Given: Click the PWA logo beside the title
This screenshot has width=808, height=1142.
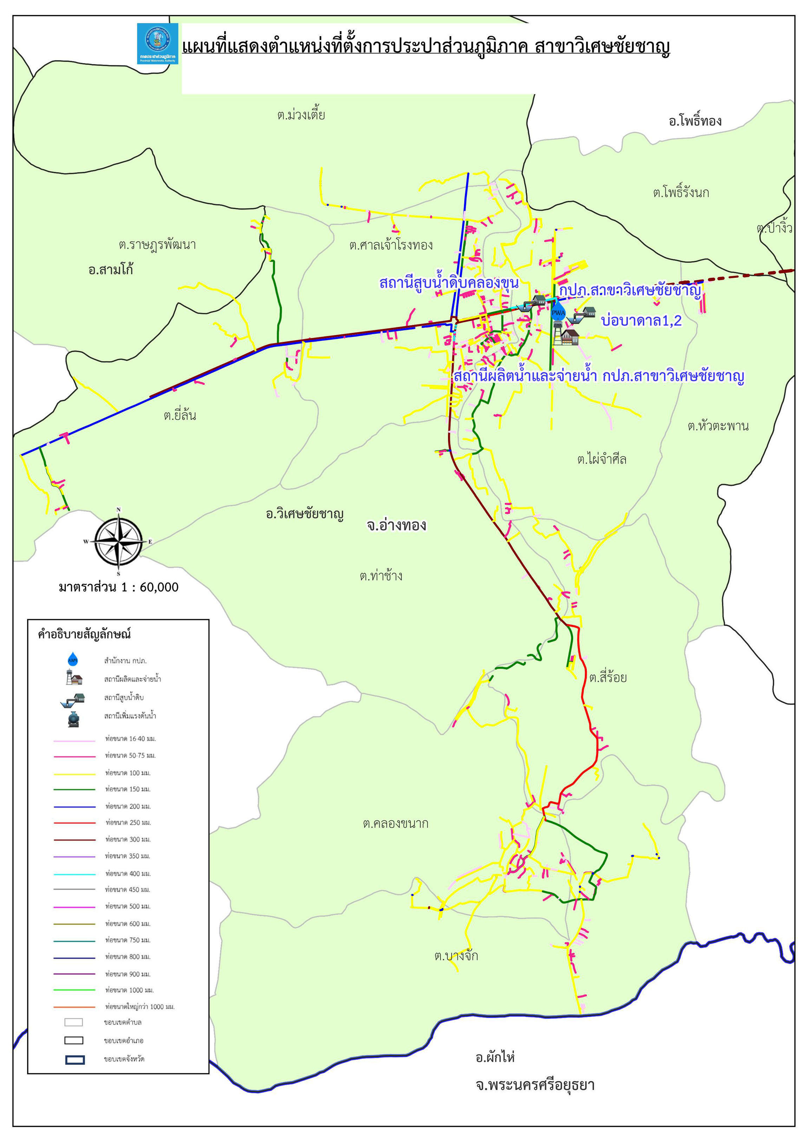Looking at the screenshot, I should pos(157,44).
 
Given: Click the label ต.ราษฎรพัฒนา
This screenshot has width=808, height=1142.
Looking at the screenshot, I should pos(157,245).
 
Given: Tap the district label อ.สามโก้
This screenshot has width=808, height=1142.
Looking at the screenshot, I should pos(110,270).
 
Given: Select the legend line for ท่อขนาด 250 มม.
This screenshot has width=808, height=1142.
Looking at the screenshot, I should pos(74,823).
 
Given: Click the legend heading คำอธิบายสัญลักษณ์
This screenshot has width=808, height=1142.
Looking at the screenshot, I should pos(84,634).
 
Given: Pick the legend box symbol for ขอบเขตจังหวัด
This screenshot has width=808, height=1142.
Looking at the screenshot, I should pos(74,1060).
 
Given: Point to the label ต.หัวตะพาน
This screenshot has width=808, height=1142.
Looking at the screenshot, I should pos(718,426).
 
